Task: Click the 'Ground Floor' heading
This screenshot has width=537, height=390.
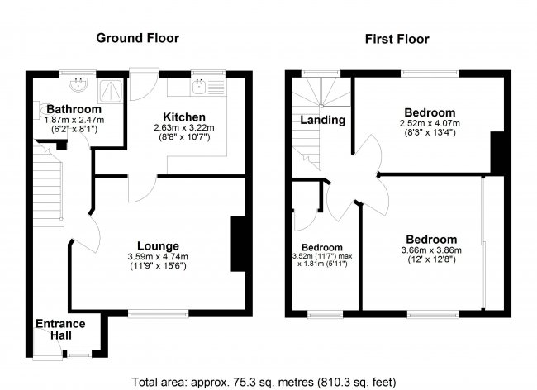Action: point(137,38)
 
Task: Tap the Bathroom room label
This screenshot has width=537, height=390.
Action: point(74,109)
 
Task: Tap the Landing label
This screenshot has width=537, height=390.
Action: point(322,120)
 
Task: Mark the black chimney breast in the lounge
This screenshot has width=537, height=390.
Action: point(238,244)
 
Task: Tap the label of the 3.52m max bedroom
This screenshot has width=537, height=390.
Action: point(321,247)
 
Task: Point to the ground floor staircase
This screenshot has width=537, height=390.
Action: point(49,190)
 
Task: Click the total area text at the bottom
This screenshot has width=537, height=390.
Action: point(264,382)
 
